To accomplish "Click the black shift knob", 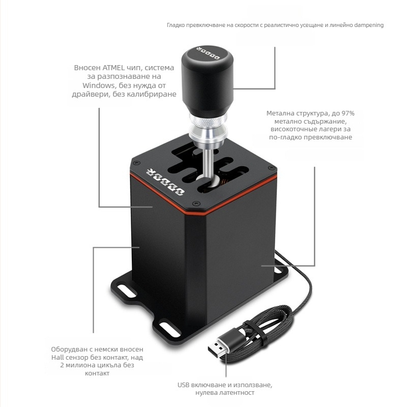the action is coord(207,80).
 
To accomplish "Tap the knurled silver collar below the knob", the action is coord(208,120).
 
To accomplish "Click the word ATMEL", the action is coord(113,68).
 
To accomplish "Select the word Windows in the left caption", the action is coord(99,85).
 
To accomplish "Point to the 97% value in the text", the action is coord(348,113).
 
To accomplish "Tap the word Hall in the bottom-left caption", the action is coord(57,358).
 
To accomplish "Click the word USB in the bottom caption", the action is coord(183,385).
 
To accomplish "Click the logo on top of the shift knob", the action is coord(208,53).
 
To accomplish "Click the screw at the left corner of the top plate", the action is coord(135,163).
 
